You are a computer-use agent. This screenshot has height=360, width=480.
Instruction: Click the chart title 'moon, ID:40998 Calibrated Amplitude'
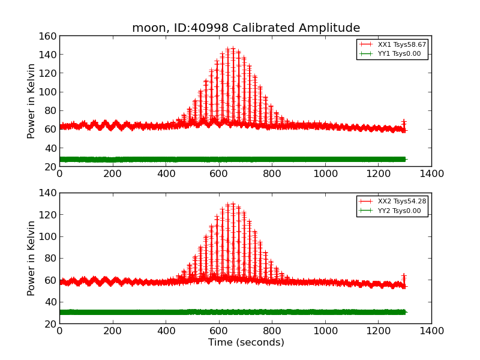pos(246,28)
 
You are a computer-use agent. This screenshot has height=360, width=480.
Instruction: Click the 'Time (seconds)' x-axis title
pos(246,343)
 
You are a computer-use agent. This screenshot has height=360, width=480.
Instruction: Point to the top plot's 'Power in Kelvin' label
pos(32,101)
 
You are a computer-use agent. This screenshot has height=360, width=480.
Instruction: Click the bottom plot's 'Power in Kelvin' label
pos(32,258)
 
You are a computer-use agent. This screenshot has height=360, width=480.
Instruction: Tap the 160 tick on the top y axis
pos(49,37)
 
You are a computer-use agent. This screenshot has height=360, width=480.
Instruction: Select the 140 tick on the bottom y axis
pos(49,193)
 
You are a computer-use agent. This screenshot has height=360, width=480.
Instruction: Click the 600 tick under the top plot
pos(219,174)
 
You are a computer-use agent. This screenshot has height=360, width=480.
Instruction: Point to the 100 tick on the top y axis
pos(49,92)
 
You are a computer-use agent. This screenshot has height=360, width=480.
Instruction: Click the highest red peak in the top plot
pos(233,48)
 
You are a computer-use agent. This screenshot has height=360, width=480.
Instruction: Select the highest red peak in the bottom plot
pos(233,204)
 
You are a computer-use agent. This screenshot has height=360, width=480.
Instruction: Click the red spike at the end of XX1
pos(404,122)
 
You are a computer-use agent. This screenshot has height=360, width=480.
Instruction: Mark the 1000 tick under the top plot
pos(325,174)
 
